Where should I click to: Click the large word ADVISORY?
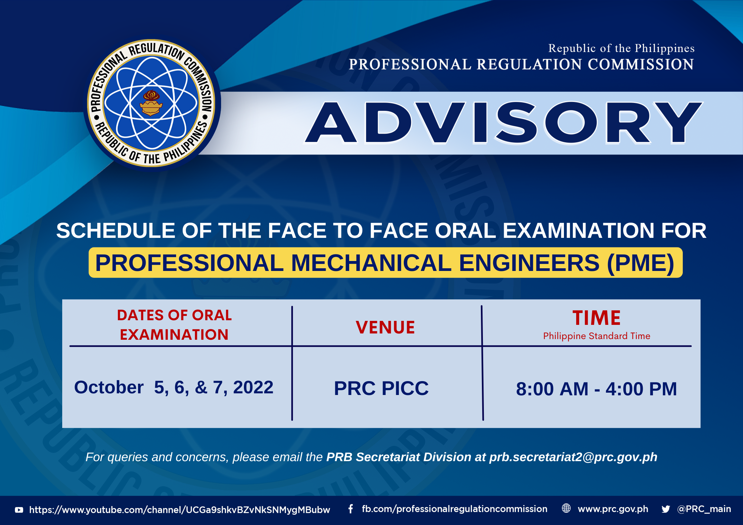tap(503, 123)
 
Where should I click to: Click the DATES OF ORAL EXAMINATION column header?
tap(174, 325)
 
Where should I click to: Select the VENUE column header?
tap(385, 327)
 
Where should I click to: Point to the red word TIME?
tap(596, 318)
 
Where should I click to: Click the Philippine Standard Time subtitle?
tap(596, 336)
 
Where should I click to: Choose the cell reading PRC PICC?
tap(381, 388)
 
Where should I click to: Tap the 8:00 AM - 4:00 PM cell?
tap(596, 389)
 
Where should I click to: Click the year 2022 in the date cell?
tap(253, 387)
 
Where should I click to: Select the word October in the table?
tap(109, 387)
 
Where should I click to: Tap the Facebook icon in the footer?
tap(351, 509)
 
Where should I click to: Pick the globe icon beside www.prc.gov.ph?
tap(566, 508)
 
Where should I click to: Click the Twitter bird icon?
tap(666, 509)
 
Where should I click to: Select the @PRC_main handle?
tap(704, 509)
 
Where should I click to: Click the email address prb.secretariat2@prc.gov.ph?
tap(573, 457)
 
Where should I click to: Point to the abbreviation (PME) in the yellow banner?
tap(641, 263)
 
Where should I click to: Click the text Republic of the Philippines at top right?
tap(621, 48)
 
